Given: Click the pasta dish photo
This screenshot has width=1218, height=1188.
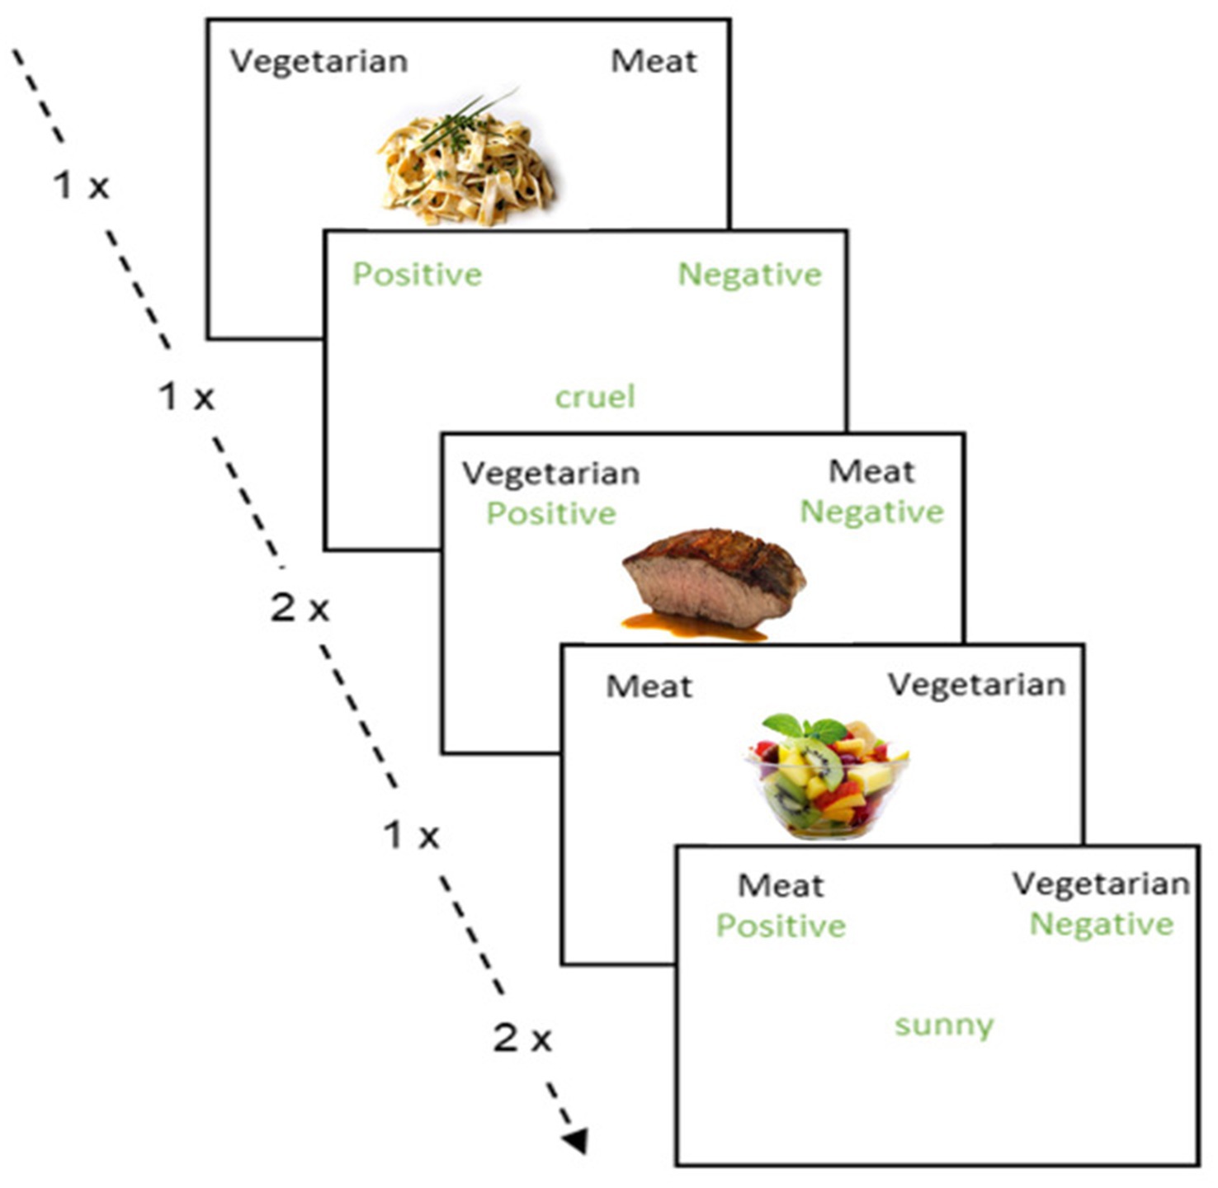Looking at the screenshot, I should [466, 165].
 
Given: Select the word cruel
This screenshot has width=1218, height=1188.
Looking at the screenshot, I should [595, 397].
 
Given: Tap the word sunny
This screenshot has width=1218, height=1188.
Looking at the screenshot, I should [944, 1025].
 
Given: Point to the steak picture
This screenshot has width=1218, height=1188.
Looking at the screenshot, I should [715, 577].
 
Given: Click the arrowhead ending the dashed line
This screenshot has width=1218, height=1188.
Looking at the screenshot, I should [576, 1141].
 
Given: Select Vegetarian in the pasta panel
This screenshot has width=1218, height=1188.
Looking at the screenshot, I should [319, 62].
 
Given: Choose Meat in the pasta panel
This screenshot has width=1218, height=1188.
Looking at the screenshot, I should [654, 61].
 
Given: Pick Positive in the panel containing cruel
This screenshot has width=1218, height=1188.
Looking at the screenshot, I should [417, 275].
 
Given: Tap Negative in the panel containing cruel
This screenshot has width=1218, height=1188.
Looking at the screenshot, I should [749, 275].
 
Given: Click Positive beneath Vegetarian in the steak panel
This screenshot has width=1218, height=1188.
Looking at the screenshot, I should [551, 514].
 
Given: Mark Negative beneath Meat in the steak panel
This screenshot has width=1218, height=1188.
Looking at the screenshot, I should [871, 512].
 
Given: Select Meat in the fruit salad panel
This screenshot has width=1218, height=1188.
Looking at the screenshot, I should [649, 686].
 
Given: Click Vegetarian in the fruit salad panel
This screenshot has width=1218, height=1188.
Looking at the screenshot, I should [976, 685].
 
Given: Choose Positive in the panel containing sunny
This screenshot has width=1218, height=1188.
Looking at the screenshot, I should [781, 926].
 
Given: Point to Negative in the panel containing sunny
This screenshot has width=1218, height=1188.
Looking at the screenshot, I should [1101, 924].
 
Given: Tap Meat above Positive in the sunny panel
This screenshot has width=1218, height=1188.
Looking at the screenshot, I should [781, 886].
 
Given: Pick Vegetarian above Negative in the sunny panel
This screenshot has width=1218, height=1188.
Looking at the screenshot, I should [1101, 884].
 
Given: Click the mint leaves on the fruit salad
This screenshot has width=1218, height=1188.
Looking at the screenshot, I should [805, 728].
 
